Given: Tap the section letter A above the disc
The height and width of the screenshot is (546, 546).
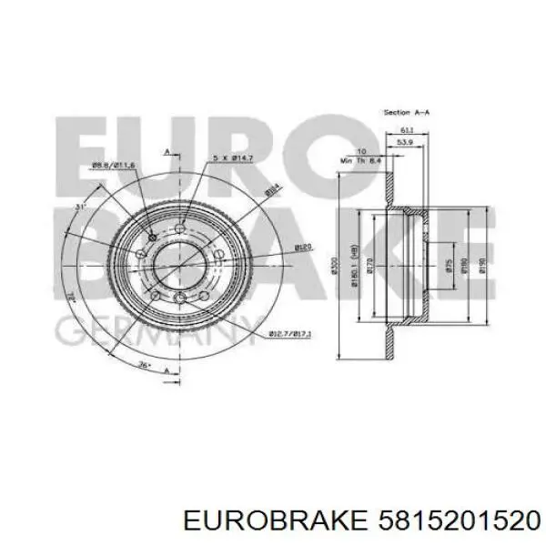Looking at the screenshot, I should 167,151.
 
